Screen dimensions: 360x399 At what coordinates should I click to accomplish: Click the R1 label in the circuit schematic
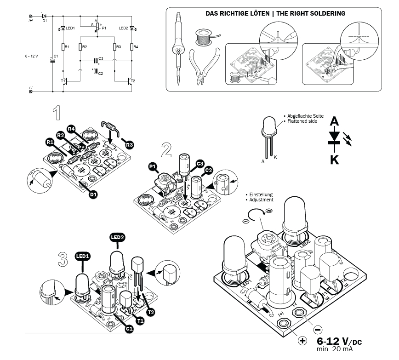tap(67, 47)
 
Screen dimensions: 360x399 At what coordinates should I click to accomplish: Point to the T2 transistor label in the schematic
tap(133, 81)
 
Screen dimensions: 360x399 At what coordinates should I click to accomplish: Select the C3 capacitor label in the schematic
tap(101, 58)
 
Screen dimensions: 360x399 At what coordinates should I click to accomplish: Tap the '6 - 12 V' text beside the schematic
tap(32, 56)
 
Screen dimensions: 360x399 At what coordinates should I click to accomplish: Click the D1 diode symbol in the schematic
tap(44, 16)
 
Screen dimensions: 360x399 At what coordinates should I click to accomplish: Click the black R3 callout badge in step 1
tap(130, 145)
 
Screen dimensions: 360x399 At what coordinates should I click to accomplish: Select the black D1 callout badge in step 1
tap(93, 195)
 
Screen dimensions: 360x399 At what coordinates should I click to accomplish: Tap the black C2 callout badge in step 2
tap(208, 171)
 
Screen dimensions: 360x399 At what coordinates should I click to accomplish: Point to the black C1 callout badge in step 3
tap(130, 329)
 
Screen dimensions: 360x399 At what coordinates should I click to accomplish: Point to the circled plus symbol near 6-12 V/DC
tap(302, 341)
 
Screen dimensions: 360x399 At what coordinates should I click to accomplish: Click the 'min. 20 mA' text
tap(336, 349)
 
